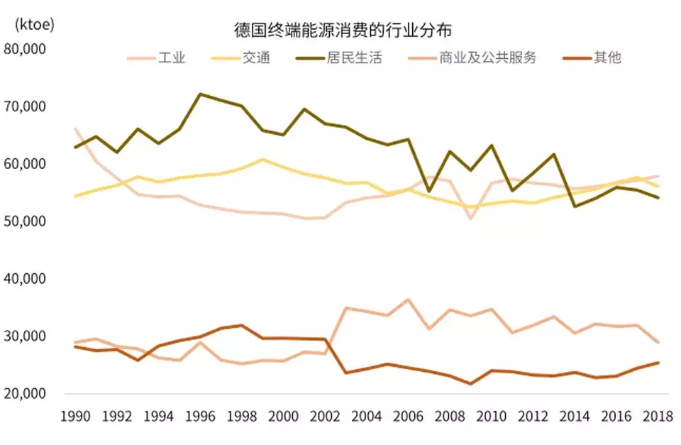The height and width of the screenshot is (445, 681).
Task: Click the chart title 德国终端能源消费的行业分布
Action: pos(343,31)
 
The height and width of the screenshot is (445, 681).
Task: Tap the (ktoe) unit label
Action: pos(33,23)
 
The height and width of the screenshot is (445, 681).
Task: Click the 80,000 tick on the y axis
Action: pos(25,49)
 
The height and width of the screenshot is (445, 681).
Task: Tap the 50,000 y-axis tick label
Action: pos(25,221)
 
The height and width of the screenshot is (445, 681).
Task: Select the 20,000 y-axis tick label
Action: pos(25,393)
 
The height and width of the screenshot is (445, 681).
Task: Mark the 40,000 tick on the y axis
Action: pos(25,279)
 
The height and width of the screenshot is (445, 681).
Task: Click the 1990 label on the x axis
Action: pos(75,416)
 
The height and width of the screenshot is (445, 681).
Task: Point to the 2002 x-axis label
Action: pos(325,416)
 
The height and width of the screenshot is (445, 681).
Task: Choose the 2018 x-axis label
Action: pos(658,416)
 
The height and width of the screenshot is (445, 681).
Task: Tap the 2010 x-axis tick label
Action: pos(491,416)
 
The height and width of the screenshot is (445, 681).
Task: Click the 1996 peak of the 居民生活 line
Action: pos(200,94)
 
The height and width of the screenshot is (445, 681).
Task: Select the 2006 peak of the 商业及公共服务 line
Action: pos(407,300)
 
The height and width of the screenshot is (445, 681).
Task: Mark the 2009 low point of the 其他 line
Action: pos(470,384)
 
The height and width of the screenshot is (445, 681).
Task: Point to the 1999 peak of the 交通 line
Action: pos(262,159)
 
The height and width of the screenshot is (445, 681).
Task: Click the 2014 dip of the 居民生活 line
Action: pos(574,206)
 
